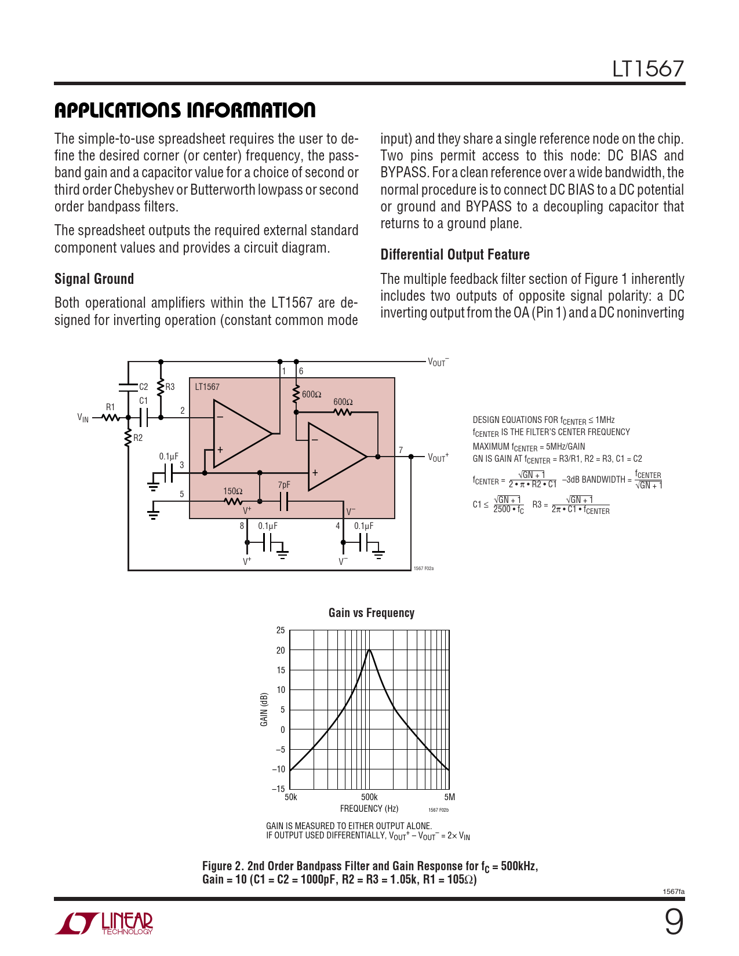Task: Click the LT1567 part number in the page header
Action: point(648,69)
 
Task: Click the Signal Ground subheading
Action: point(94,279)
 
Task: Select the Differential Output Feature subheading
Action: point(455,254)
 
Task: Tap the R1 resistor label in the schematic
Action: point(110,407)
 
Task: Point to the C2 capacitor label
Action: point(143,386)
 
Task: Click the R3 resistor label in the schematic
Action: point(170,386)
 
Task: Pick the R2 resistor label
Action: point(138,438)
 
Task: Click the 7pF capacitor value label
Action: point(283,485)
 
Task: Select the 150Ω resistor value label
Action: point(233,491)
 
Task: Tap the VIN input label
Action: point(83,418)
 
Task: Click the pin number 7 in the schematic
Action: point(401,450)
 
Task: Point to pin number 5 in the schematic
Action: point(181,494)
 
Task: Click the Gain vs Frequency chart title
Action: point(371,613)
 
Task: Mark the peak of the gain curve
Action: point(369,650)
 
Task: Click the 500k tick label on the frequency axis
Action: point(369,797)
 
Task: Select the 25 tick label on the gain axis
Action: point(281,630)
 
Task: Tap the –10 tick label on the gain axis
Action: point(279,769)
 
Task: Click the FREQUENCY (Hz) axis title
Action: point(369,809)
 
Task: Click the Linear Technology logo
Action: point(104,923)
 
